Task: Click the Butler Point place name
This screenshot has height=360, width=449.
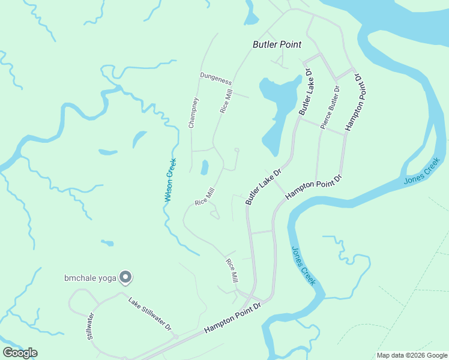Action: (x=277, y=44)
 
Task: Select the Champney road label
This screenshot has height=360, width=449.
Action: (x=193, y=113)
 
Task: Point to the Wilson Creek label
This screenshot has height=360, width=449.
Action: (x=171, y=179)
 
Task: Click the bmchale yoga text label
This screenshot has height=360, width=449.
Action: (x=90, y=278)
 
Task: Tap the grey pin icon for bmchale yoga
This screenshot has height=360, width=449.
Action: (x=125, y=277)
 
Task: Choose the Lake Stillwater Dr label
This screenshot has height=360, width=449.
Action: (x=150, y=314)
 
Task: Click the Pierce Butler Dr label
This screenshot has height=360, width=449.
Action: (x=330, y=108)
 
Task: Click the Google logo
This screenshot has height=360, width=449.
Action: (x=20, y=353)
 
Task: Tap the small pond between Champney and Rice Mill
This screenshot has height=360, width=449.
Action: (x=205, y=167)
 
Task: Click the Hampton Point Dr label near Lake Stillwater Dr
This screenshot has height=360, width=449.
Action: (x=232, y=319)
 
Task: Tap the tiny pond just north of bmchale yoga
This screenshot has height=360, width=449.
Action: (x=107, y=243)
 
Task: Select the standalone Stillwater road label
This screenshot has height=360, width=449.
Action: (x=91, y=326)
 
